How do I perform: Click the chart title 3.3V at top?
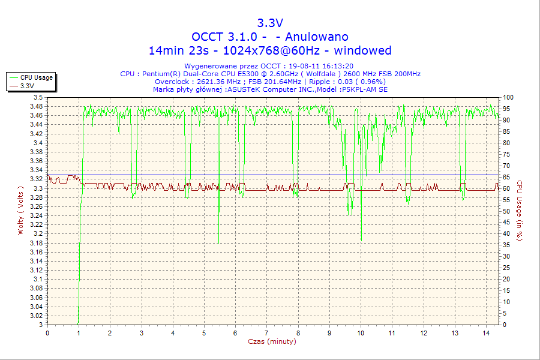click(x=270, y=23)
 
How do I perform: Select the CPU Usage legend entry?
click(x=36, y=77)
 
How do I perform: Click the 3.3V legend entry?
click(x=27, y=86)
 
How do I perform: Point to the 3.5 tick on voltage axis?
click(x=38, y=97)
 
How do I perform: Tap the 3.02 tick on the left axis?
click(x=36, y=316)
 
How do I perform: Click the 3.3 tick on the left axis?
click(x=38, y=188)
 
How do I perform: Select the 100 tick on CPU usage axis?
click(x=508, y=97)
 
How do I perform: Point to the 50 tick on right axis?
click(x=506, y=211)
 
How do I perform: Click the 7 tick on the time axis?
click(x=266, y=333)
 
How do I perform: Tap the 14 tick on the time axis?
click(x=486, y=333)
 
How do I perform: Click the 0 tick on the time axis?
click(x=47, y=333)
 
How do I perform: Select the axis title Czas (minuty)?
click(x=272, y=341)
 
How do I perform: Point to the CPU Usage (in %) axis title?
click(x=520, y=211)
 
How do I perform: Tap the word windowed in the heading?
click(x=362, y=50)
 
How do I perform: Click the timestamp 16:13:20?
click(x=337, y=66)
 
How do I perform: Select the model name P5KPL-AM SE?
click(x=364, y=89)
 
